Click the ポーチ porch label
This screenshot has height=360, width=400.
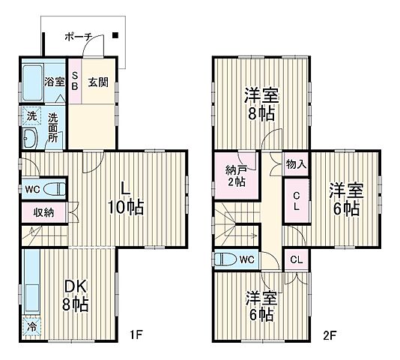pos(78,35)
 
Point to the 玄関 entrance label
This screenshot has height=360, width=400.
pos(97,82)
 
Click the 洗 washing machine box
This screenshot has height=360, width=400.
pos(31,116)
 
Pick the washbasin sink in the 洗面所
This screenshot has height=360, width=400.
pos(30,139)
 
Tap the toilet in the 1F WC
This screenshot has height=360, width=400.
pos(52,187)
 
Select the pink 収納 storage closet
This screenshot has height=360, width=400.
pos(43,212)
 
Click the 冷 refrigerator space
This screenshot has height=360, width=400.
pos(31,327)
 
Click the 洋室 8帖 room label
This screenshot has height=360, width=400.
pos(260,103)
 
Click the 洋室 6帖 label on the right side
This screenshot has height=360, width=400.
pos(345,199)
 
